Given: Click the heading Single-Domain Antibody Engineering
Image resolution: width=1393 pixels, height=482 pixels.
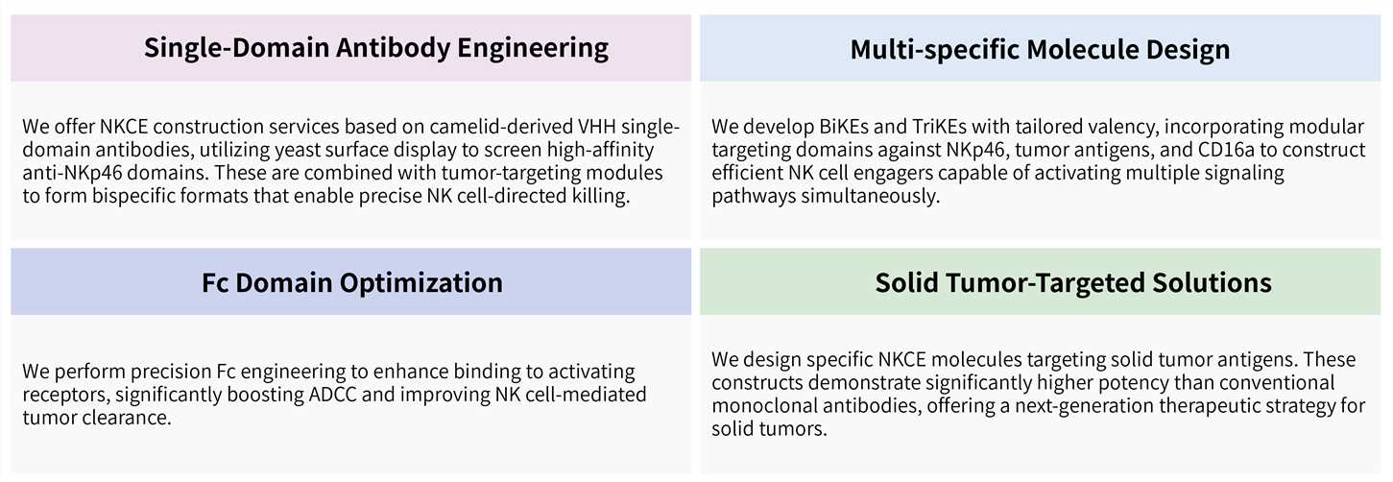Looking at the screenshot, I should [x=376, y=48].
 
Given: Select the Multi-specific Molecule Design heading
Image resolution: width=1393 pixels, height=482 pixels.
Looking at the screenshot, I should [x=1040, y=49].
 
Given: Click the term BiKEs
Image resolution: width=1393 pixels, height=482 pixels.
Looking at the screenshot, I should [x=833, y=128].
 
